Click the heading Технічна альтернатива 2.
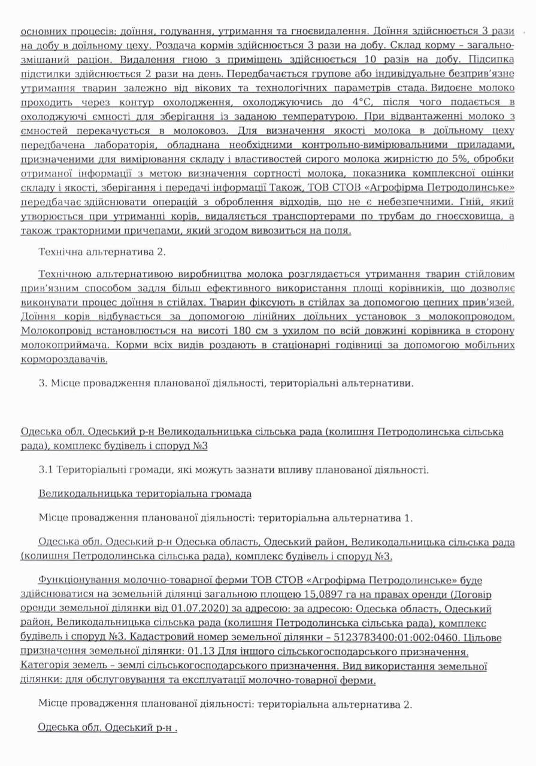pyautogui.click(x=102, y=252)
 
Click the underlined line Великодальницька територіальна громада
pyautogui.click(x=145, y=494)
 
